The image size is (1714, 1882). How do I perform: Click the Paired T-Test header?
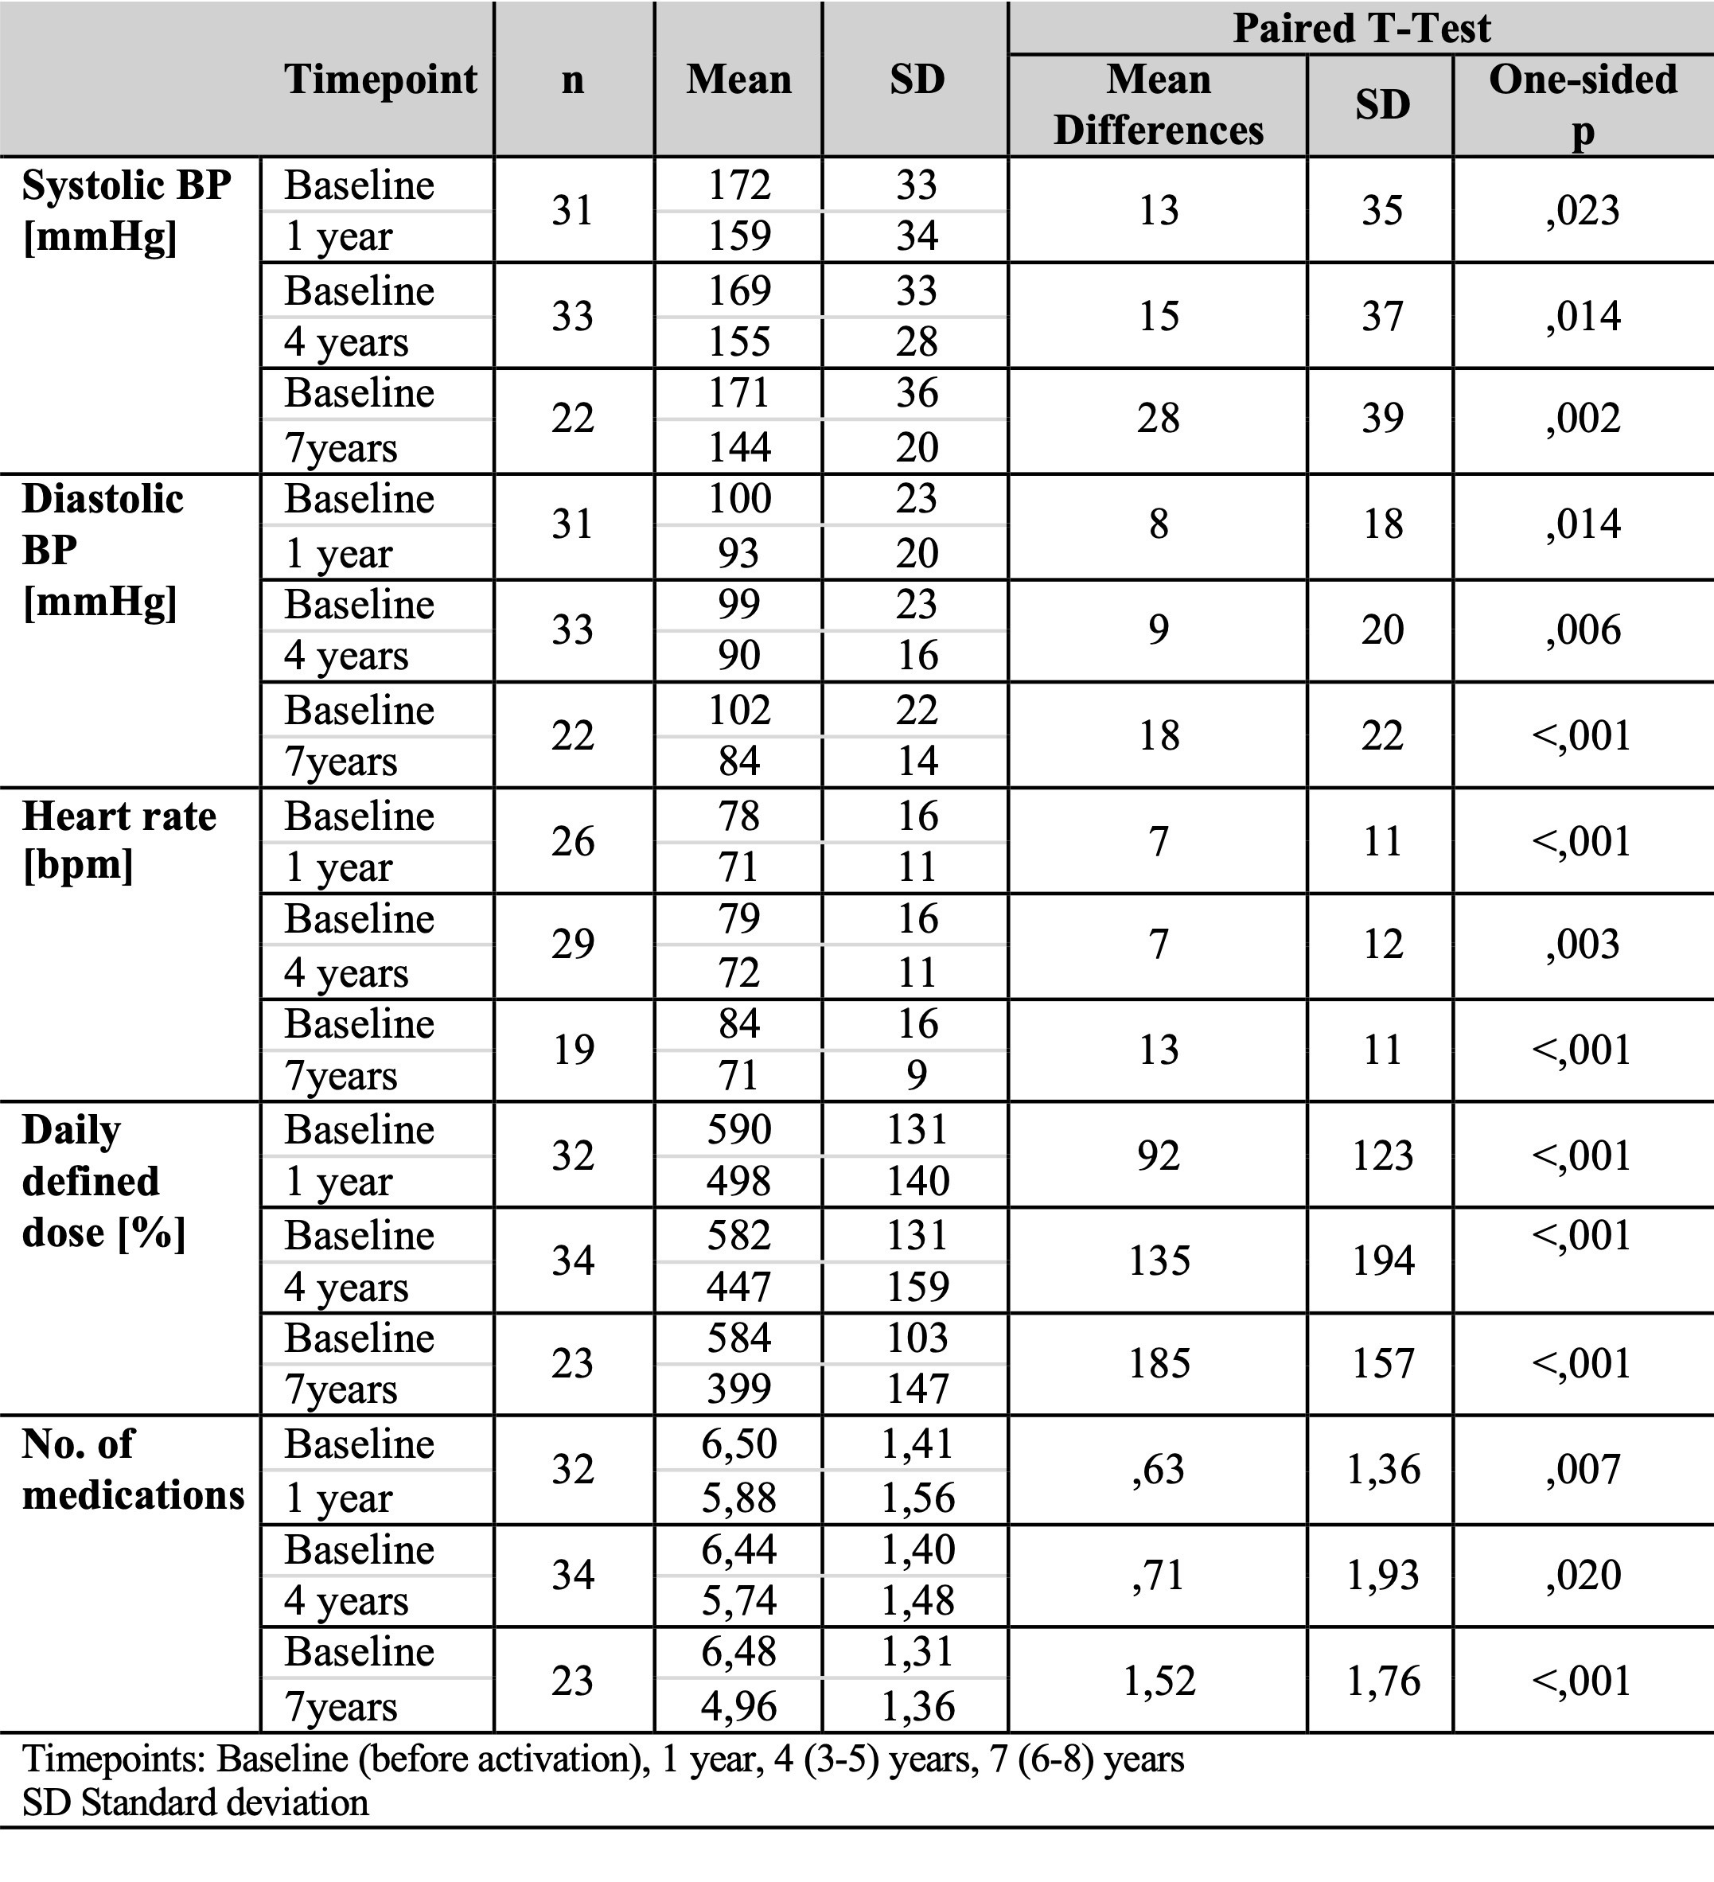[x=1361, y=28]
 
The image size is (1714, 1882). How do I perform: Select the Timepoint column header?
[x=380, y=80]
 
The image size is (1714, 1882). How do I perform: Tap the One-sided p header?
[x=1583, y=103]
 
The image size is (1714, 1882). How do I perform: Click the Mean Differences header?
[x=1158, y=103]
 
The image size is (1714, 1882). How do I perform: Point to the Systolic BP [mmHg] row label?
[x=126, y=210]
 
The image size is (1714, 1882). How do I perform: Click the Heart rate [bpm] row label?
[x=119, y=840]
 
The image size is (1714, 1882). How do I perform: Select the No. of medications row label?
[x=133, y=1468]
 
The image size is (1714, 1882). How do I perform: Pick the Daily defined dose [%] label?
[x=103, y=1181]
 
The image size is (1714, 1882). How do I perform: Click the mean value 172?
[x=738, y=185]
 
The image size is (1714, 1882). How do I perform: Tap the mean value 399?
[x=738, y=1388]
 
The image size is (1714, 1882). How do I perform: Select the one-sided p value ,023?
[x=1583, y=210]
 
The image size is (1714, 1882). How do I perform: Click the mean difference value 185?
[x=1159, y=1363]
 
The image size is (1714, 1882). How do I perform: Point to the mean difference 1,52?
[x=1159, y=1681]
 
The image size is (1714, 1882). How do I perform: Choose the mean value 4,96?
[x=738, y=1705]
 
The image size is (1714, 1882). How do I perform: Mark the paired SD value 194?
[x=1383, y=1261]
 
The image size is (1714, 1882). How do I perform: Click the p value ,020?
[x=1583, y=1575]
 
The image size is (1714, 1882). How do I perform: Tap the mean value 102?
[x=738, y=711]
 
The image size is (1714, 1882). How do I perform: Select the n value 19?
[x=572, y=1050]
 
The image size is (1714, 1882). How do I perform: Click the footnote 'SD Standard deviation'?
[x=195, y=1802]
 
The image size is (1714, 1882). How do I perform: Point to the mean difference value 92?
[x=1159, y=1155]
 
